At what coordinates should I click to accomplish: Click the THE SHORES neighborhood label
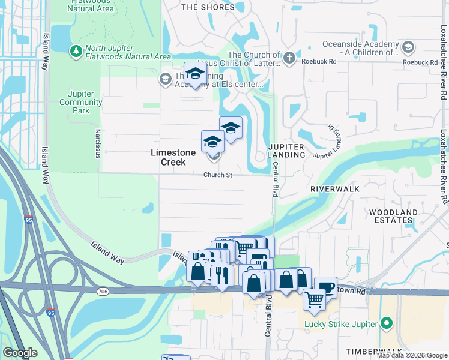pos(208,7)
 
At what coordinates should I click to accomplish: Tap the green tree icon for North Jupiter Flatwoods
pos(76,51)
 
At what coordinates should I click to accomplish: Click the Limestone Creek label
pos(173,157)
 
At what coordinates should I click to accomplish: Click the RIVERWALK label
pos(334,188)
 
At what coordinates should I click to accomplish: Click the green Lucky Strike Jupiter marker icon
pos(387,324)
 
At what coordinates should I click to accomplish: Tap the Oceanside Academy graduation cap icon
pos(408,47)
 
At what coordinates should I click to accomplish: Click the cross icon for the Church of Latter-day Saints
pos(289,58)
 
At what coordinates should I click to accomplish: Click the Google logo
pos(20,353)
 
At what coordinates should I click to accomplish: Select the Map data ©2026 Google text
pos(411,355)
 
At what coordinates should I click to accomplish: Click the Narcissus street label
pos(97,140)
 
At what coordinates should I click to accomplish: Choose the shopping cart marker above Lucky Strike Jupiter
pos(315,299)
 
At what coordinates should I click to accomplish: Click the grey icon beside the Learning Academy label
pos(165,79)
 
